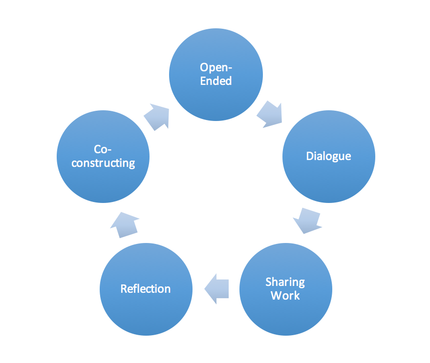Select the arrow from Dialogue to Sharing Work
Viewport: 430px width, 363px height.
(308, 220)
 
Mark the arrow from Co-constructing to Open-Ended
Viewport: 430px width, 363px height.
(157, 116)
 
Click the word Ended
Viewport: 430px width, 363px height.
(216, 81)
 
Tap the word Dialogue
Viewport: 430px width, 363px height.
(329, 157)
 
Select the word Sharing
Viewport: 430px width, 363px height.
(285, 282)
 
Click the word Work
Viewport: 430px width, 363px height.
(285, 296)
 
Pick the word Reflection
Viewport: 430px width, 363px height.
(146, 289)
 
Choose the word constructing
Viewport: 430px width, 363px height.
(103, 163)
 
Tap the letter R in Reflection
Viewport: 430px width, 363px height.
(124, 289)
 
